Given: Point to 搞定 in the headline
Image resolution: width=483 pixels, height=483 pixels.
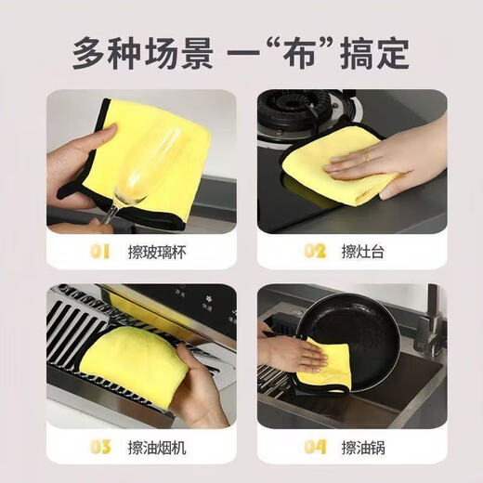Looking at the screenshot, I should tap(374, 52).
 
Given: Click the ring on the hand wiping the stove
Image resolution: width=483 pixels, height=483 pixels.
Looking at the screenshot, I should tap(366, 157).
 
